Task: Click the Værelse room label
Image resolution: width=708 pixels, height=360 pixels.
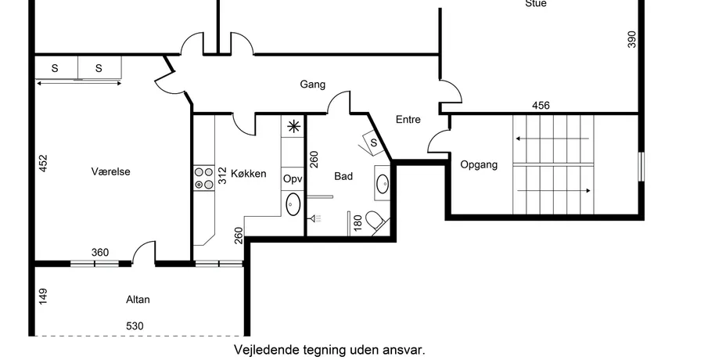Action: (x=110, y=171)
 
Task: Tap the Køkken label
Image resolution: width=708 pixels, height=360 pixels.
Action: (x=248, y=174)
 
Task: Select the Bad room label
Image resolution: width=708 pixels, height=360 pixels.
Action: (x=343, y=176)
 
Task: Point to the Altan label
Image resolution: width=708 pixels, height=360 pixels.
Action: (x=138, y=300)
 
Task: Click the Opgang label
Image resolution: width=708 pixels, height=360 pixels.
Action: (x=479, y=165)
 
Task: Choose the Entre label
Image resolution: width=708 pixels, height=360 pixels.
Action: (x=408, y=119)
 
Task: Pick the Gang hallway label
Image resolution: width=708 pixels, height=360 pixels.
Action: (x=312, y=85)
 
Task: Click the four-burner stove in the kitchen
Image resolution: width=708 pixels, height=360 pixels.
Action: (x=203, y=178)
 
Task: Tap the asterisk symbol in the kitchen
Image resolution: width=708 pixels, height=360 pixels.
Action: (x=294, y=127)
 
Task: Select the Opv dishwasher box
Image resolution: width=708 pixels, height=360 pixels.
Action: (x=292, y=179)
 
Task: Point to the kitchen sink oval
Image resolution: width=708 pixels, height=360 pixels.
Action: (x=293, y=204)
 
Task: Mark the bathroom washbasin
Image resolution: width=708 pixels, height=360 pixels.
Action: (x=383, y=184)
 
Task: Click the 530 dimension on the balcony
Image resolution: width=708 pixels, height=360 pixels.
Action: (x=135, y=326)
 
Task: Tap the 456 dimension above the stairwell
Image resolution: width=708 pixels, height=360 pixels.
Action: (x=541, y=106)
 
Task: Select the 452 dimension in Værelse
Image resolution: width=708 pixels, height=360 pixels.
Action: (x=43, y=164)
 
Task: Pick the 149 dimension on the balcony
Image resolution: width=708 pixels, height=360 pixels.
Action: (x=43, y=297)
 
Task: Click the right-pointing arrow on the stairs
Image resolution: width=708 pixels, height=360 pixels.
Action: (x=554, y=191)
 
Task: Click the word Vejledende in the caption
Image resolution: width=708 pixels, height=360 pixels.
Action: (x=260, y=350)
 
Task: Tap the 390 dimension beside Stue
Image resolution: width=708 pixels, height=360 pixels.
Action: (x=631, y=39)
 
